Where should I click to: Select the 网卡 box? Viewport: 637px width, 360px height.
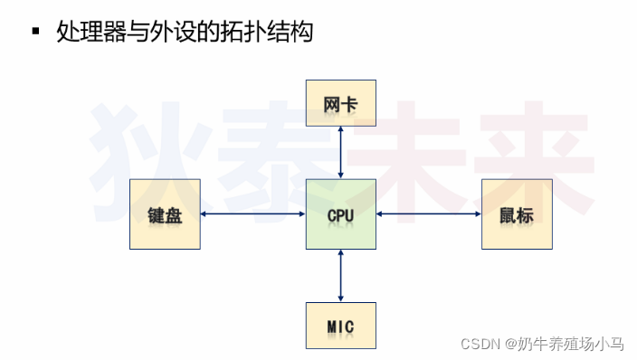pos(340,103)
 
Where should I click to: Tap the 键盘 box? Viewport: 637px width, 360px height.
pos(165,214)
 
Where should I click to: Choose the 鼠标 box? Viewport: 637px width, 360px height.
pos(516,214)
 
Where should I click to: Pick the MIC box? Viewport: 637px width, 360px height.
pos(340,325)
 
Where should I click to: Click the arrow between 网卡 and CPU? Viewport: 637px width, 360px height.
pos(340,153)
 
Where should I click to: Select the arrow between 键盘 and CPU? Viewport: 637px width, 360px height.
pos(252,214)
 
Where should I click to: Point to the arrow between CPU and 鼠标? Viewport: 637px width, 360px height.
pos(428,214)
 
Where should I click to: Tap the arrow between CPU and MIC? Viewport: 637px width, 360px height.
pos(340,275)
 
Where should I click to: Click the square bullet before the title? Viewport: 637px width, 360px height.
pos(36,33)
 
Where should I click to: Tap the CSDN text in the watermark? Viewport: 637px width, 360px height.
pos(480,344)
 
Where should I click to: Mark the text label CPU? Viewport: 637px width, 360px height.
pos(340,216)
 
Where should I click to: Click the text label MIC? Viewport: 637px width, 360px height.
pos(340,326)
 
